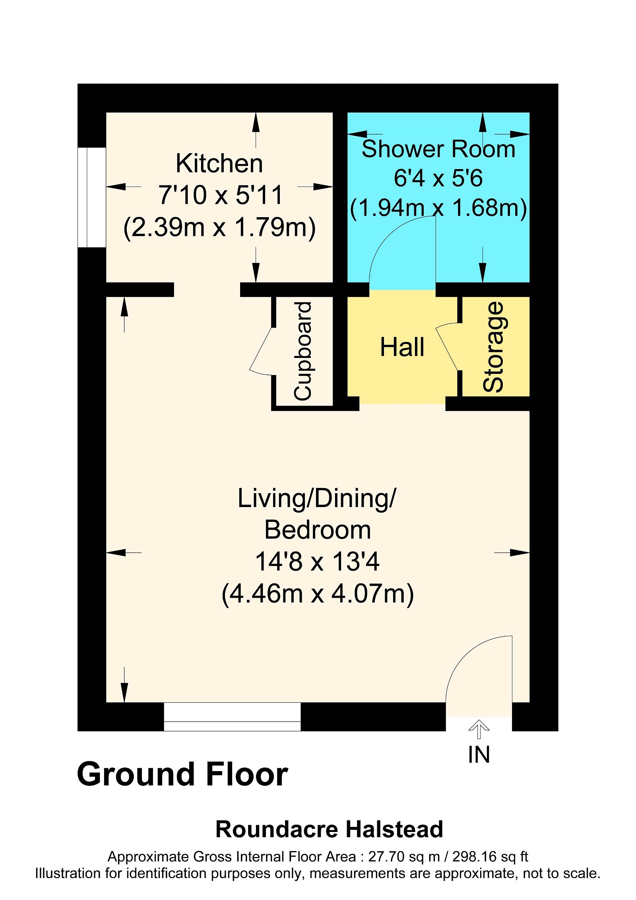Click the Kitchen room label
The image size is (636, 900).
[219, 163]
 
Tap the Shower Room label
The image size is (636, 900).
[438, 149]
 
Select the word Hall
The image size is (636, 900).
[402, 347]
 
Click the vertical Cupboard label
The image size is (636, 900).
[303, 351]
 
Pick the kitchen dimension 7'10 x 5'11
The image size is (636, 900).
[220, 195]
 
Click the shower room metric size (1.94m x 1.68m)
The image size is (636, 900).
[438, 208]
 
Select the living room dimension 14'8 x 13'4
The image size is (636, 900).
[317, 562]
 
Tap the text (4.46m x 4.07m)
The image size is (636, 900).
[317, 594]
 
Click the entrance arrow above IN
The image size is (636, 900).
[479, 729]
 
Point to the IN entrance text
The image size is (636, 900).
[479, 754]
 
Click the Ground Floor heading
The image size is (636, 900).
[182, 774]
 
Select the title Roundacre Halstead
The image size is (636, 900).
[329, 829]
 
